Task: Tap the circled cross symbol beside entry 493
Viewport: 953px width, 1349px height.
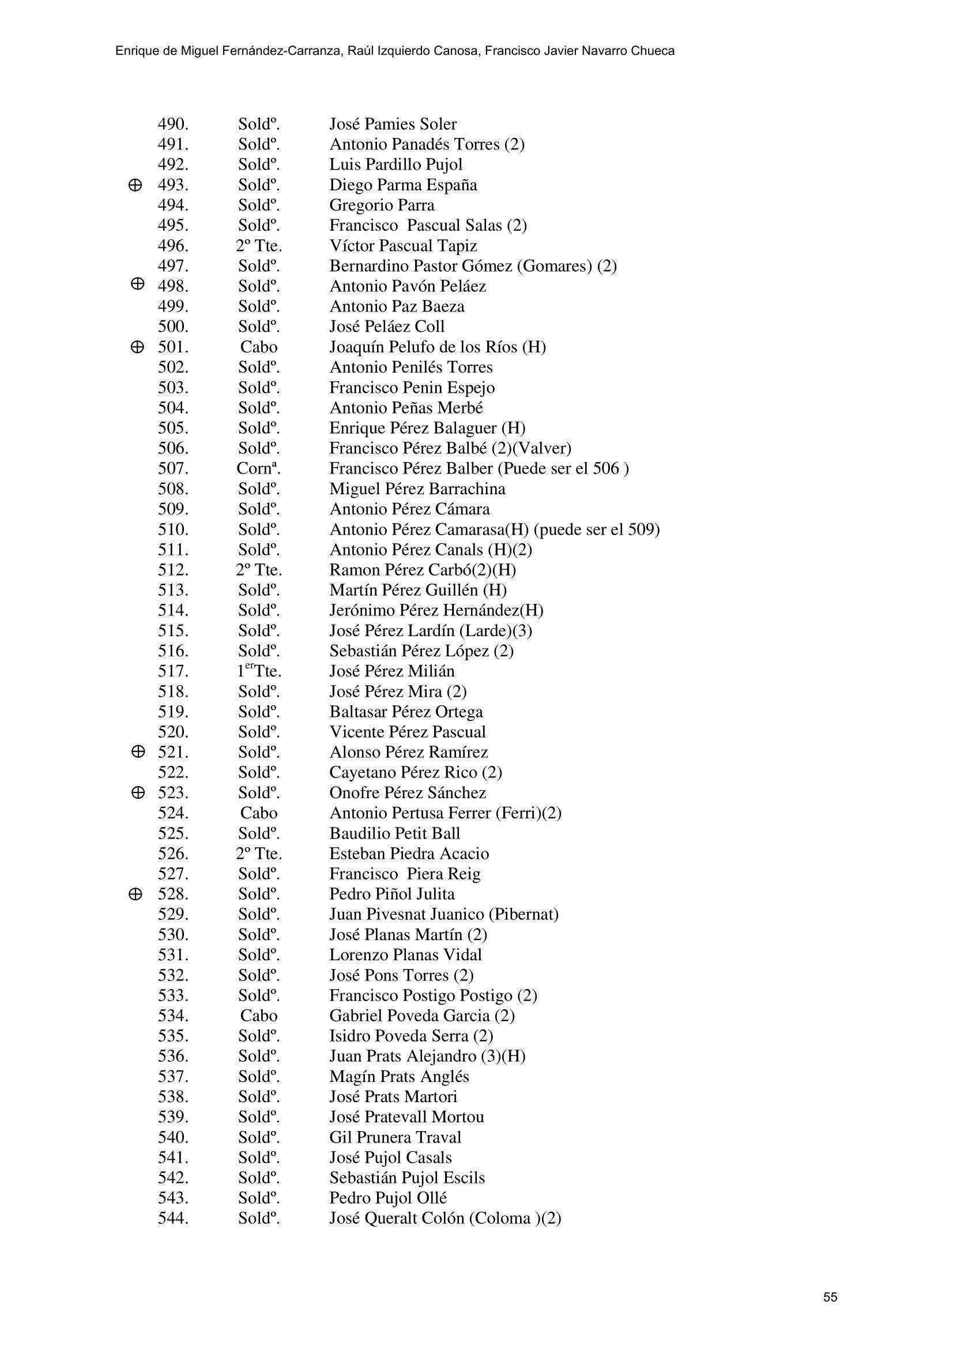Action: (134, 186)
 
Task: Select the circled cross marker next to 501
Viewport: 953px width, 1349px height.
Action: (137, 347)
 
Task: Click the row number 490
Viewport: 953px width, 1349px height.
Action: (172, 125)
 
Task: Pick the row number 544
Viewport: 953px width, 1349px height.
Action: (172, 1219)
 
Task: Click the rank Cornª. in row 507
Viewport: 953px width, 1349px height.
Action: (258, 469)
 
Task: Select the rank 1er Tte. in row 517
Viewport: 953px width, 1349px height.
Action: (259, 671)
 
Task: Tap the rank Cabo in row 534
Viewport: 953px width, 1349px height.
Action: (258, 1016)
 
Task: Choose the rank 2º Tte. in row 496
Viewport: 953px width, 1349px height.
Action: (259, 246)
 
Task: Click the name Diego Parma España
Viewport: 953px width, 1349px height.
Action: (403, 185)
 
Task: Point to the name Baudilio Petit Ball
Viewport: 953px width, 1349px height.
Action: (394, 834)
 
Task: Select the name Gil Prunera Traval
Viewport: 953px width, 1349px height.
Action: (395, 1137)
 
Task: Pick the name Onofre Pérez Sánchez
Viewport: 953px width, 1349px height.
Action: (408, 793)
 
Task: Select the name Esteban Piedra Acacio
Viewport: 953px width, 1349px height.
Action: (409, 854)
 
